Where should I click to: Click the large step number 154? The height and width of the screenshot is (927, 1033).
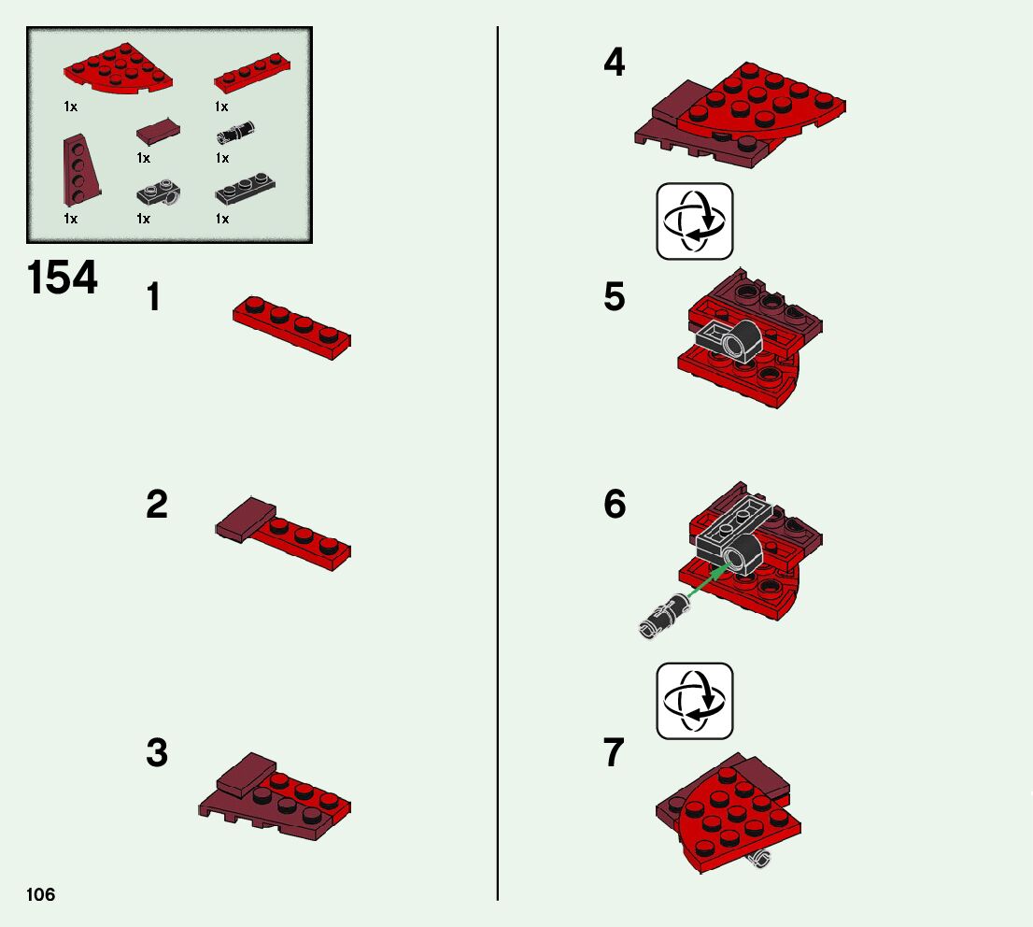click(x=62, y=278)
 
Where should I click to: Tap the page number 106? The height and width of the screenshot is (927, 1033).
click(x=41, y=894)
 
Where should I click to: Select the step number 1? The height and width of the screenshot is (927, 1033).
click(x=153, y=296)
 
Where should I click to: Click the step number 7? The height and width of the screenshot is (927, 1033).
click(x=614, y=752)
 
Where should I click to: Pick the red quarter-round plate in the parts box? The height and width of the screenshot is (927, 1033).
click(x=118, y=68)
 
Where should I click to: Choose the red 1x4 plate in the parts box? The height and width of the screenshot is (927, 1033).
click(x=252, y=73)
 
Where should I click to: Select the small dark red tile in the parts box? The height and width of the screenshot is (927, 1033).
click(x=158, y=131)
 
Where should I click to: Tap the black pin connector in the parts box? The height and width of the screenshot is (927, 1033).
click(x=236, y=131)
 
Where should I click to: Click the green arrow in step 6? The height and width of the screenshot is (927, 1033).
click(x=708, y=580)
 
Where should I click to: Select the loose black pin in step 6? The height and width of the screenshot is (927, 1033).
click(x=664, y=615)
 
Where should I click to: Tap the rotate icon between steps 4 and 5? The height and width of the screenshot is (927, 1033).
click(x=694, y=221)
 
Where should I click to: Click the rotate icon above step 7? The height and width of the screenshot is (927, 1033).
click(x=694, y=701)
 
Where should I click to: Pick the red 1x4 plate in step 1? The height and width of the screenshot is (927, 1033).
click(x=291, y=327)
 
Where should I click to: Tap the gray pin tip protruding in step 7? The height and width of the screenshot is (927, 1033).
click(x=761, y=858)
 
